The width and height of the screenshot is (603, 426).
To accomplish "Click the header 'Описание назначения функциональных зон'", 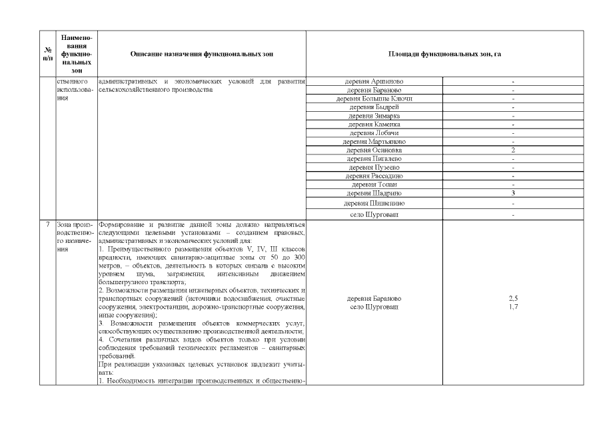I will point(201,53).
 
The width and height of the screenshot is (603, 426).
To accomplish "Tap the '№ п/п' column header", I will point(48,53).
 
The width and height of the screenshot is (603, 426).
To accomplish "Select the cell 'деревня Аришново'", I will point(374,81).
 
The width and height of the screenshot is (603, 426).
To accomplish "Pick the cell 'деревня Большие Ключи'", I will point(374,99).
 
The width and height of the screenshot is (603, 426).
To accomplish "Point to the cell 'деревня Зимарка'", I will point(374,116).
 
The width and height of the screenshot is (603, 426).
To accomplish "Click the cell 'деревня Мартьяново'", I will point(374,142).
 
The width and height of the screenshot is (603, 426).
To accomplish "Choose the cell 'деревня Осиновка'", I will point(374,150).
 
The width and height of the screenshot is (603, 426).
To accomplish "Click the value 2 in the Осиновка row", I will point(513,150).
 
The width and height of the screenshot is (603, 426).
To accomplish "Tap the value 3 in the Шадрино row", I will point(513,193).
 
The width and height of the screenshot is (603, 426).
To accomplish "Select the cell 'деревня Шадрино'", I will point(374,193).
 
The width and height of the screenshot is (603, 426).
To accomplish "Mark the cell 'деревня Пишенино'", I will point(374,203).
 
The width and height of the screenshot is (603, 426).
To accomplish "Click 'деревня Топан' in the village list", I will point(374,184).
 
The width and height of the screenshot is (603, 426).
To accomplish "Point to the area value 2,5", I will point(513,299).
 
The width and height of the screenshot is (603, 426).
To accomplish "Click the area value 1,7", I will point(513,307).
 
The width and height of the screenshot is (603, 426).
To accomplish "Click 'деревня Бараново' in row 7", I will point(374,299).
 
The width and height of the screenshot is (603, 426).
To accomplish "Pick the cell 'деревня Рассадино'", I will point(374,176).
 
